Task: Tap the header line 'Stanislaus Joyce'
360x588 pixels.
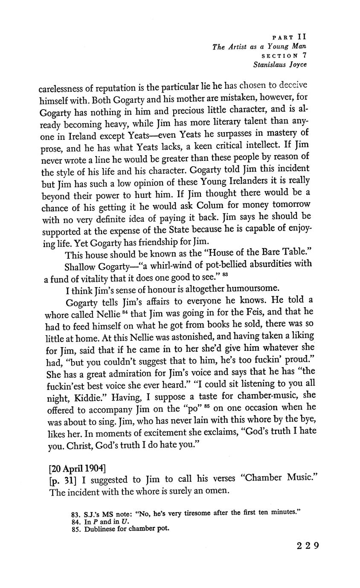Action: [279, 65]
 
